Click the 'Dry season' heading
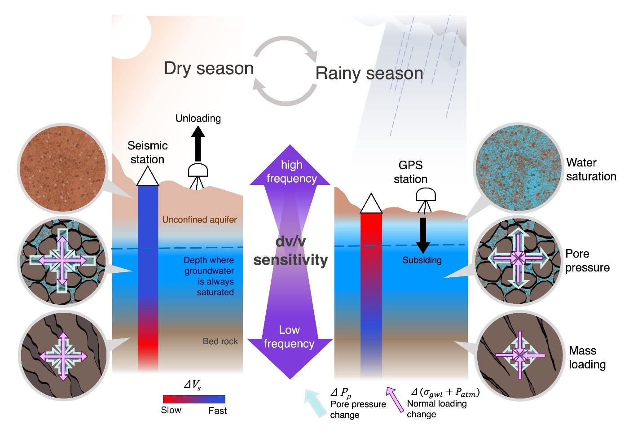click(x=209, y=69)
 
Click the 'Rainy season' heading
click(x=369, y=73)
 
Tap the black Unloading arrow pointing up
click(x=198, y=144)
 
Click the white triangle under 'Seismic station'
click(x=148, y=176)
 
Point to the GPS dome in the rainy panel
click(x=426, y=194)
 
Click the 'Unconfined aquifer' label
click(x=199, y=219)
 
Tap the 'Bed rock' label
click(x=220, y=341)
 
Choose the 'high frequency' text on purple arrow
click(x=291, y=171)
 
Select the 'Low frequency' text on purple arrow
click(x=289, y=337)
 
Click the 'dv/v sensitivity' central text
click(x=290, y=251)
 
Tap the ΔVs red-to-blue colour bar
click(x=194, y=399)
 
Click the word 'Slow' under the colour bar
click(x=171, y=410)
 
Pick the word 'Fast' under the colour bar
click(x=218, y=411)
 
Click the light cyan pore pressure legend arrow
click(x=316, y=404)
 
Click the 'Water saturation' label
click(x=591, y=170)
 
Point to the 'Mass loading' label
click(x=587, y=357)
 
